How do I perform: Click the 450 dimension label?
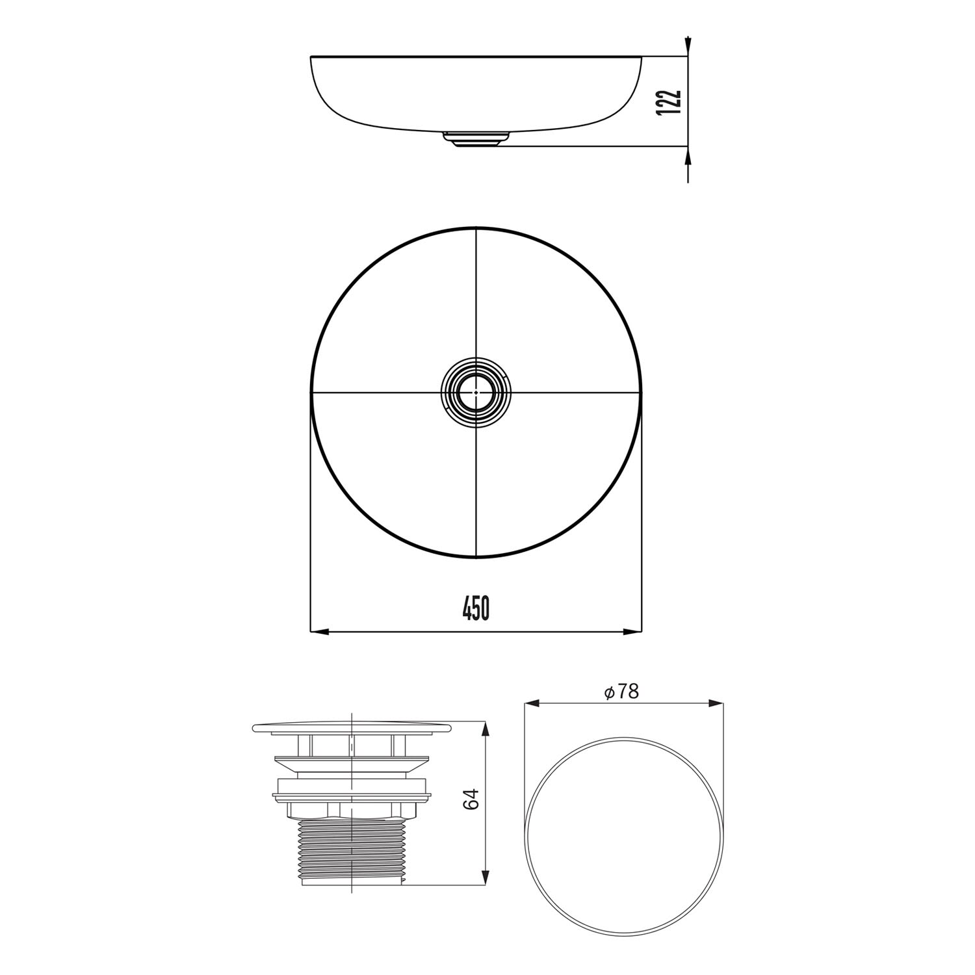coord(476,608)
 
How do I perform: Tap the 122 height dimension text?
coord(669,102)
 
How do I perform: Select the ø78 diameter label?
coord(621,692)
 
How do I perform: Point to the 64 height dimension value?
coord(473,799)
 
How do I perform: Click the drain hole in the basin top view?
coord(476,393)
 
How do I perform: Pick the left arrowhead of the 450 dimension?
coord(320,631)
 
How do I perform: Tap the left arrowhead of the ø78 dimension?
coord(532,703)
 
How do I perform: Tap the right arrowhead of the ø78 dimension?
coord(716,703)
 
